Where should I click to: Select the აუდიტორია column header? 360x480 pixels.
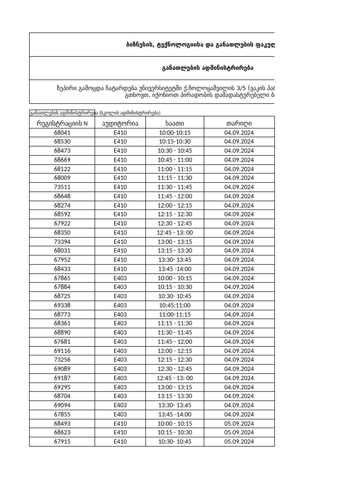[x=120, y=123]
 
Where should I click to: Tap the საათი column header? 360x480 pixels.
[x=174, y=123]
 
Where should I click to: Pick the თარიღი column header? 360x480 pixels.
[x=239, y=123]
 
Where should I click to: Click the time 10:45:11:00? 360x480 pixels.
[x=174, y=305]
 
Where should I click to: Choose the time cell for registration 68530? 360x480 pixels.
[x=174, y=142]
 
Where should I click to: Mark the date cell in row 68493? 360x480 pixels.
[x=239, y=423]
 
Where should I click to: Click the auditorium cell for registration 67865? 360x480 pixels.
[x=120, y=278]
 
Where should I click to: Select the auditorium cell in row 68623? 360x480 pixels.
[x=120, y=433]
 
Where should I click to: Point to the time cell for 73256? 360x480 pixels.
[x=174, y=360]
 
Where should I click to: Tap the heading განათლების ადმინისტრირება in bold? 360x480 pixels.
[x=208, y=68]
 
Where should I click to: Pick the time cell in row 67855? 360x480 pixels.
[x=174, y=414]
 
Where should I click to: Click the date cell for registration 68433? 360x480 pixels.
[x=239, y=269]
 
